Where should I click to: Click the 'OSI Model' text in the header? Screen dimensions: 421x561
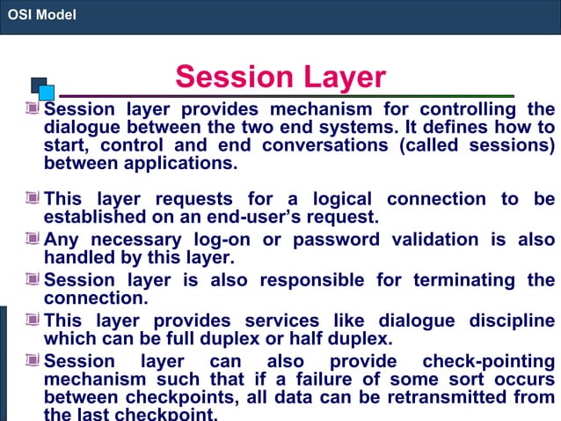pos(41,15)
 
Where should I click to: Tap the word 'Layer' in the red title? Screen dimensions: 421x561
pos(343,78)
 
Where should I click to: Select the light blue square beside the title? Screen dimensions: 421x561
pos(47,92)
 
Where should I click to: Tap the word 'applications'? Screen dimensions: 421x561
pos(173,164)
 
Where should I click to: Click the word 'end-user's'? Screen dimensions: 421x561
pos(264,217)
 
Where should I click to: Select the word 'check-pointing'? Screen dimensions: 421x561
pos(489,361)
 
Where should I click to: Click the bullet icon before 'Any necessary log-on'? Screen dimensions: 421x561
pos(33,239)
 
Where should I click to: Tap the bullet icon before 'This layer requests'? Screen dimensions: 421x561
pos(33,199)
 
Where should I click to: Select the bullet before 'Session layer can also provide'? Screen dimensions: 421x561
pos(33,361)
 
